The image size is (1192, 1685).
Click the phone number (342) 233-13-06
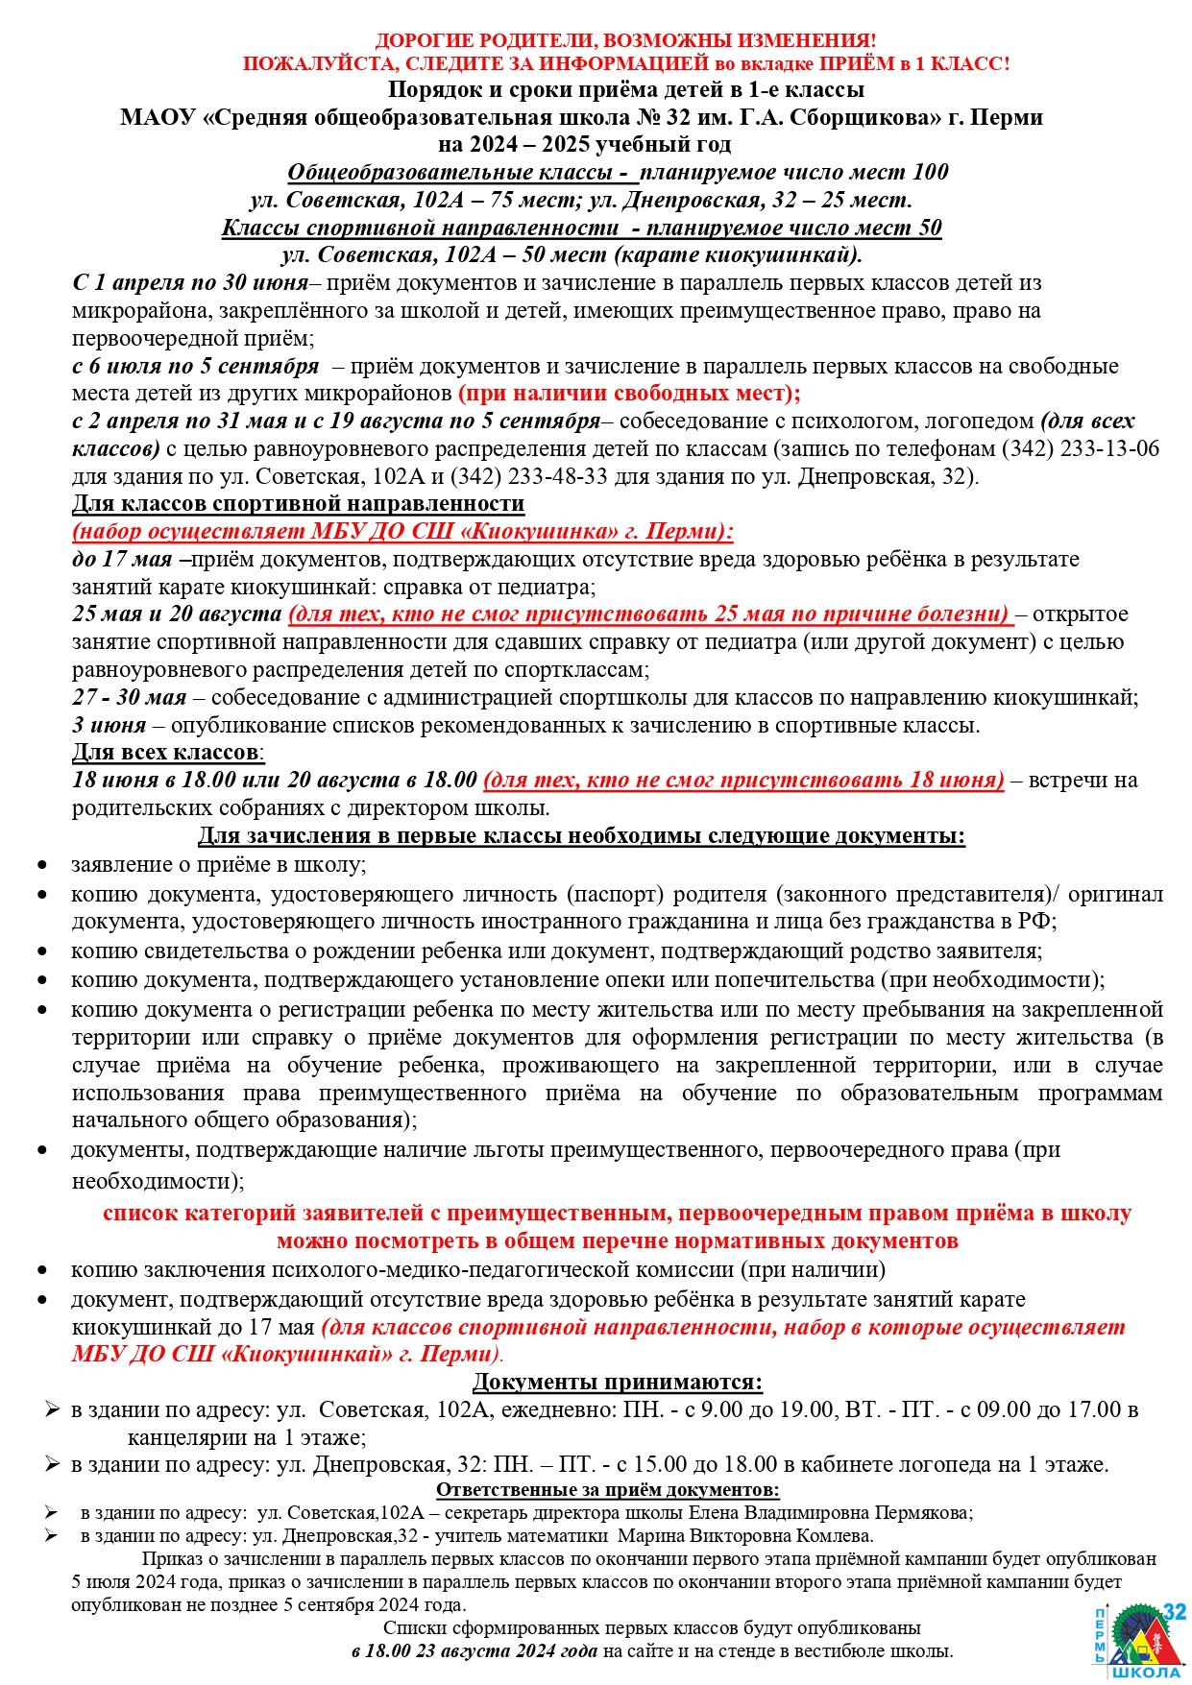1081,448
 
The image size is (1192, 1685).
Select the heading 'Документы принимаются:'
618,1382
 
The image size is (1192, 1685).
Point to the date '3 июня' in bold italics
109,725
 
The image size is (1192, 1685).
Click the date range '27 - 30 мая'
131,697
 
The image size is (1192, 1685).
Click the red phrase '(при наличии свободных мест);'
629,394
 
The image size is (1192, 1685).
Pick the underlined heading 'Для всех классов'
164,752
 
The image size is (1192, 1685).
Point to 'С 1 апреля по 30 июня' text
190,283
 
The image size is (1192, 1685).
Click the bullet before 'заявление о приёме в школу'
42,865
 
